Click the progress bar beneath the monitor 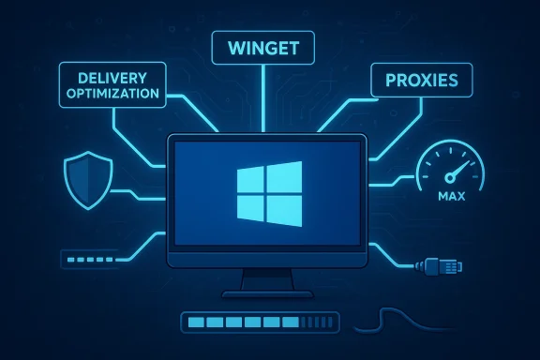[x=259, y=322]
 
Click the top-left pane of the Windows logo [x=253, y=178]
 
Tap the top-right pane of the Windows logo [x=286, y=175]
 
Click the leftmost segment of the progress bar [x=195, y=322]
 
